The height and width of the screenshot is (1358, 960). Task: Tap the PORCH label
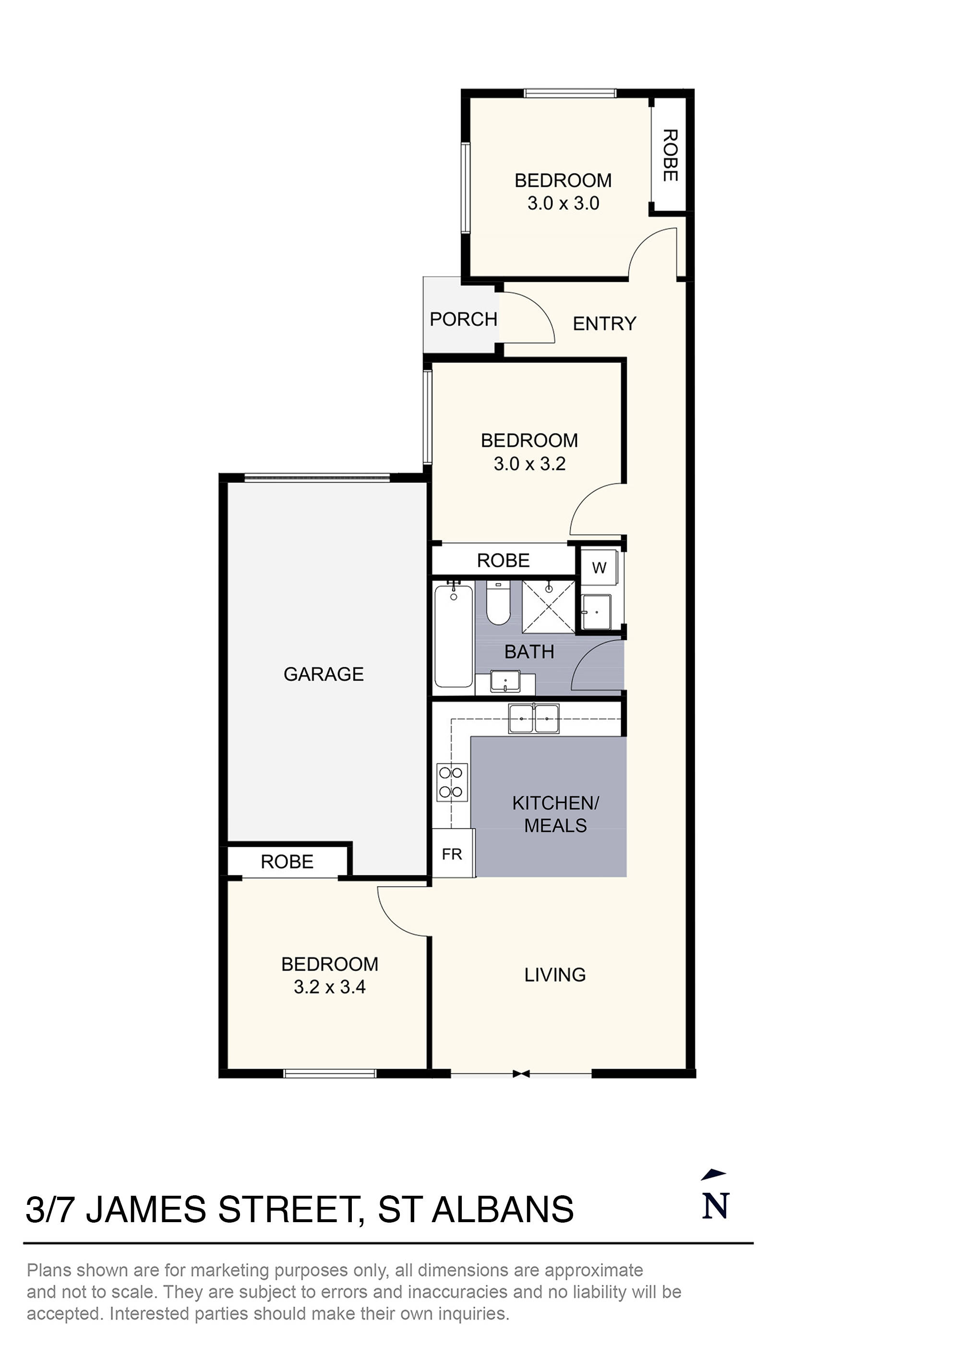[463, 319]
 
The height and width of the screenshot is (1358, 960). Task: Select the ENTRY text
[604, 324]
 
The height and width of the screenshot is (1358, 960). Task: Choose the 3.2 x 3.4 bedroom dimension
[329, 986]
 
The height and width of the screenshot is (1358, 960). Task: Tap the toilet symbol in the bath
[498, 603]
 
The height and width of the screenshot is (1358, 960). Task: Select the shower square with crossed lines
[548, 606]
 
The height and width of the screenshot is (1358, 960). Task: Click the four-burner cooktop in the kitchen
[452, 782]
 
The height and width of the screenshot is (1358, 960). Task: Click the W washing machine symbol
[599, 568]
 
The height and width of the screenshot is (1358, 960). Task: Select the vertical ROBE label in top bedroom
[669, 156]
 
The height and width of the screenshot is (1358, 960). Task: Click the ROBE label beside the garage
[287, 862]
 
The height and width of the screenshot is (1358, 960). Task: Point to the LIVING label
[554, 975]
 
